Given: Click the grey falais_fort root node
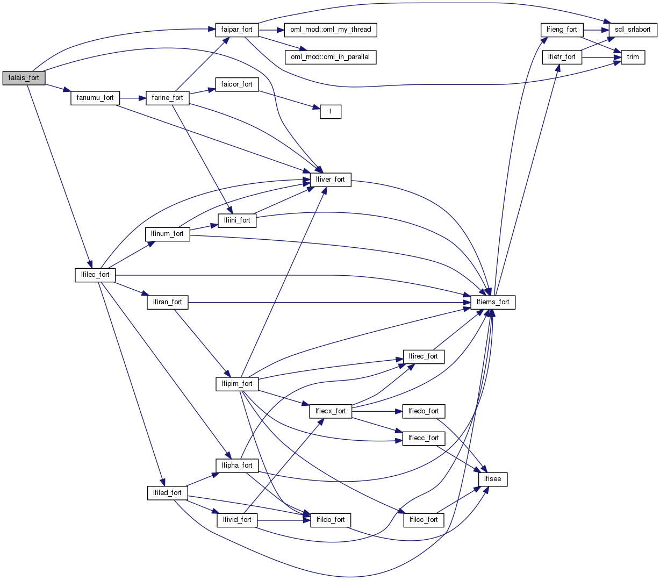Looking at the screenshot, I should (x=24, y=77).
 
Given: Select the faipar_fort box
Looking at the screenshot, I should (x=236, y=30).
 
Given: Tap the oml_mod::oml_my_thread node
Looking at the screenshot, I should (x=331, y=30).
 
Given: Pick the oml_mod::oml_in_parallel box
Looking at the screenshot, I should (x=330, y=57).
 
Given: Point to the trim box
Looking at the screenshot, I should (x=633, y=57).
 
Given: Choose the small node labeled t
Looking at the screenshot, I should (x=331, y=112).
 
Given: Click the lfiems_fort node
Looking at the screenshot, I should (x=493, y=302).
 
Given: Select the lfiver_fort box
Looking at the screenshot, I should (x=331, y=180).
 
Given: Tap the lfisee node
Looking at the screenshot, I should (x=493, y=479).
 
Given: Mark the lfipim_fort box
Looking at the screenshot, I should (x=236, y=384).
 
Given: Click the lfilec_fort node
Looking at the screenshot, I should (x=95, y=275).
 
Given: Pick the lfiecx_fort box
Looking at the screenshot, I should (x=331, y=411).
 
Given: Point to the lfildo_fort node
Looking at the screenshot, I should (x=331, y=520).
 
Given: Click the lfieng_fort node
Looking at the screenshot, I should (x=562, y=30).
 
